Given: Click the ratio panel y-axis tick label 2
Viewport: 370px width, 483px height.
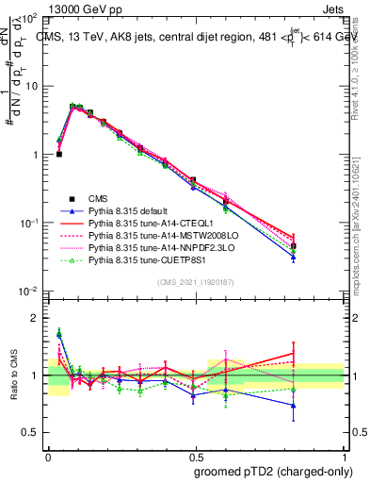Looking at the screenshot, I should [x=36, y=318].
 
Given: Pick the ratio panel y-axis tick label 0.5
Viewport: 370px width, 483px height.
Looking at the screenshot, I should [x=31, y=432].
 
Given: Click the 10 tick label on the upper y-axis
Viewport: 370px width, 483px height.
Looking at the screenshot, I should [x=30, y=87].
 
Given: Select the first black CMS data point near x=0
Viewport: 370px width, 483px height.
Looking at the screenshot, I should [x=59, y=154].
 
